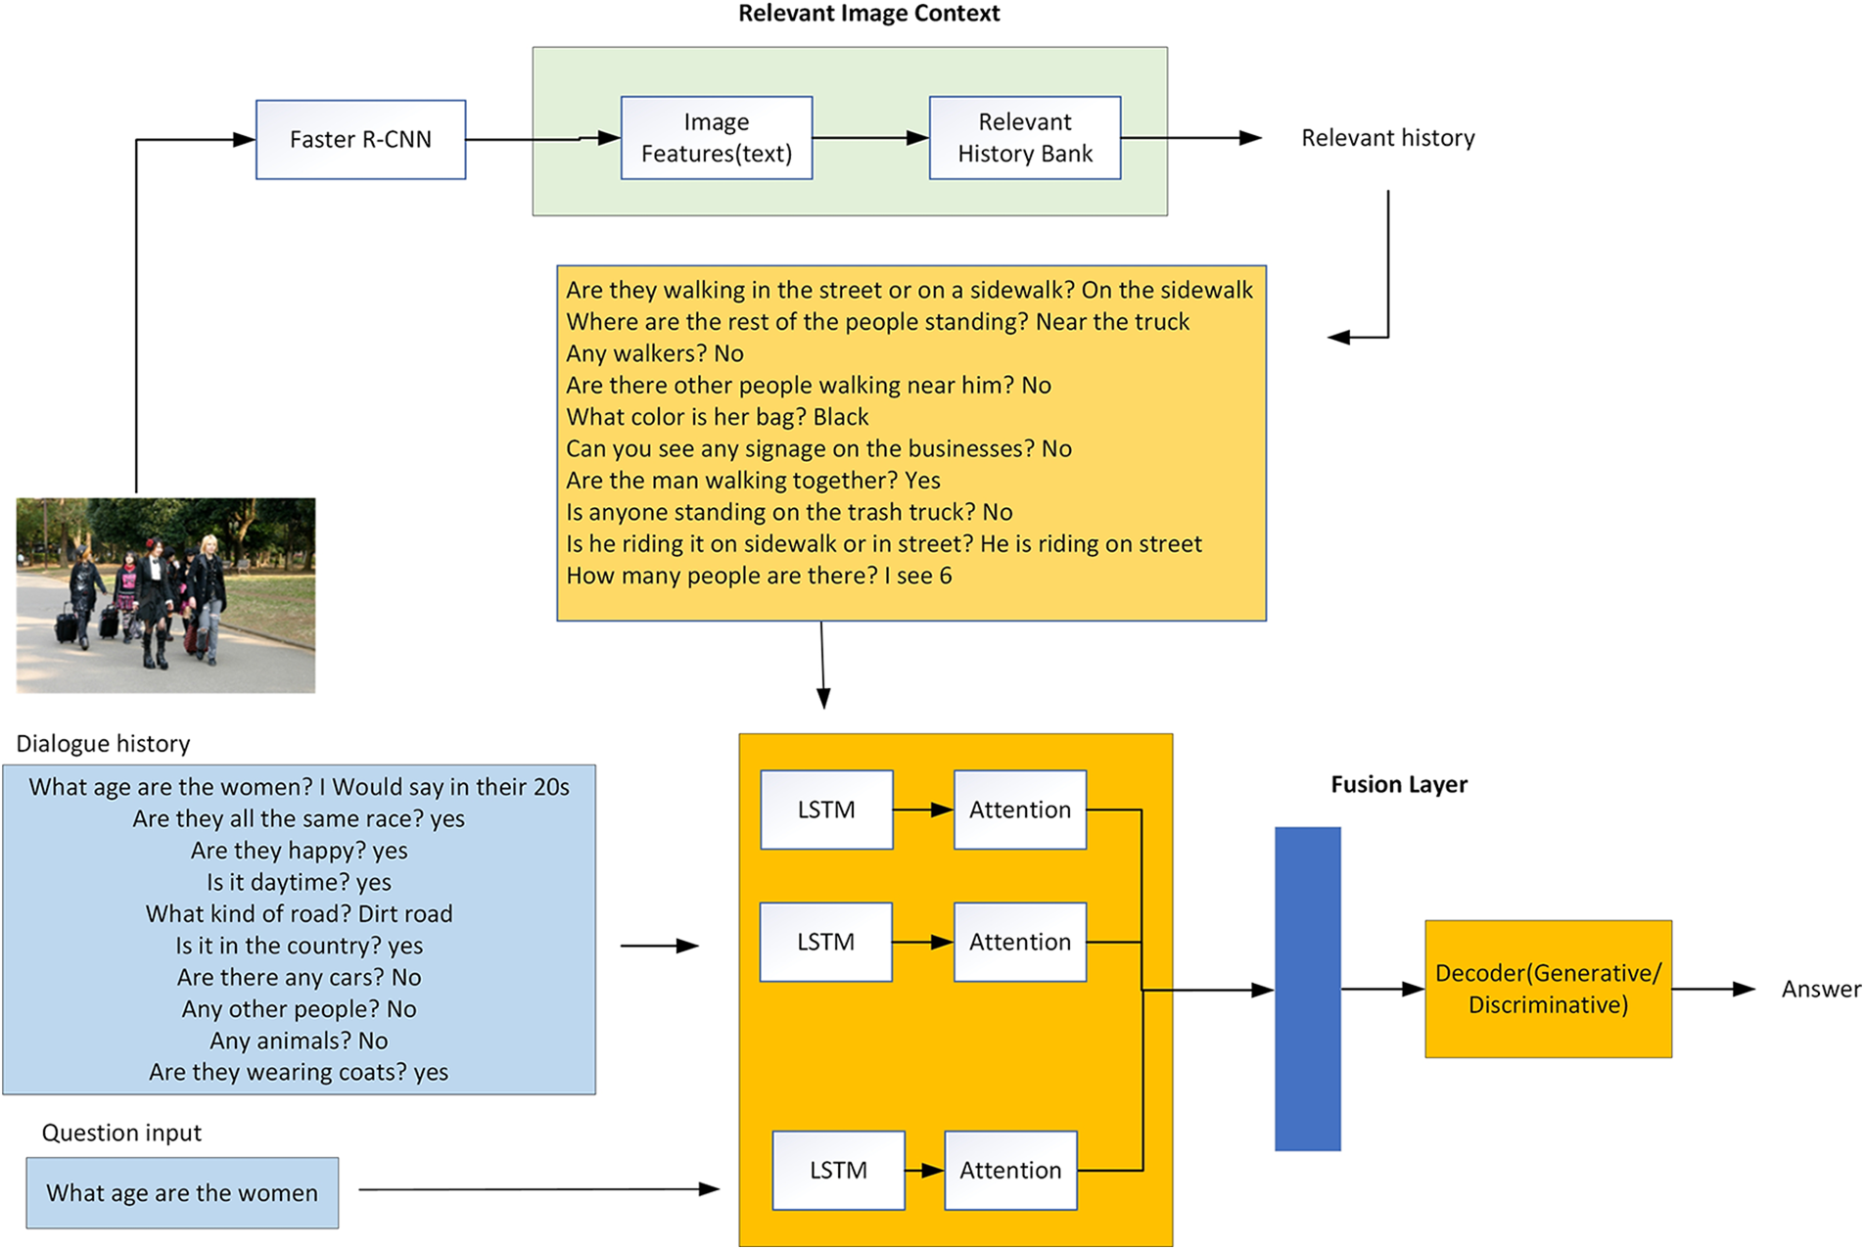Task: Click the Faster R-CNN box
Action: [x=360, y=139]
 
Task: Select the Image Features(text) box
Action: [x=716, y=138]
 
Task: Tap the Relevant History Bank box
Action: [x=1024, y=138]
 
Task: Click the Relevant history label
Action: [x=1386, y=138]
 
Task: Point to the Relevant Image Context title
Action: [x=868, y=14]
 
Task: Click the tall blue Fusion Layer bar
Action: [x=1306, y=988]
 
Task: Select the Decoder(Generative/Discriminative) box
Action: [x=1547, y=989]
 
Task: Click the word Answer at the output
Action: [x=1820, y=989]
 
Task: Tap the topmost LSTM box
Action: [x=825, y=810]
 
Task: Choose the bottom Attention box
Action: [x=1009, y=1170]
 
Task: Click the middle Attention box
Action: [x=1019, y=942]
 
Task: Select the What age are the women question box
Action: [x=182, y=1192]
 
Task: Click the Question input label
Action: [x=121, y=1133]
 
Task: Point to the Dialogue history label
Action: [x=103, y=744]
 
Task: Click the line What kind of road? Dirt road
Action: [x=299, y=913]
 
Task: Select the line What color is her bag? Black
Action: [x=717, y=417]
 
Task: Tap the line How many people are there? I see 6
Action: [x=758, y=576]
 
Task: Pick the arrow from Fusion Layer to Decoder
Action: [x=1380, y=989]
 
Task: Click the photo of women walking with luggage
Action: [x=165, y=595]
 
